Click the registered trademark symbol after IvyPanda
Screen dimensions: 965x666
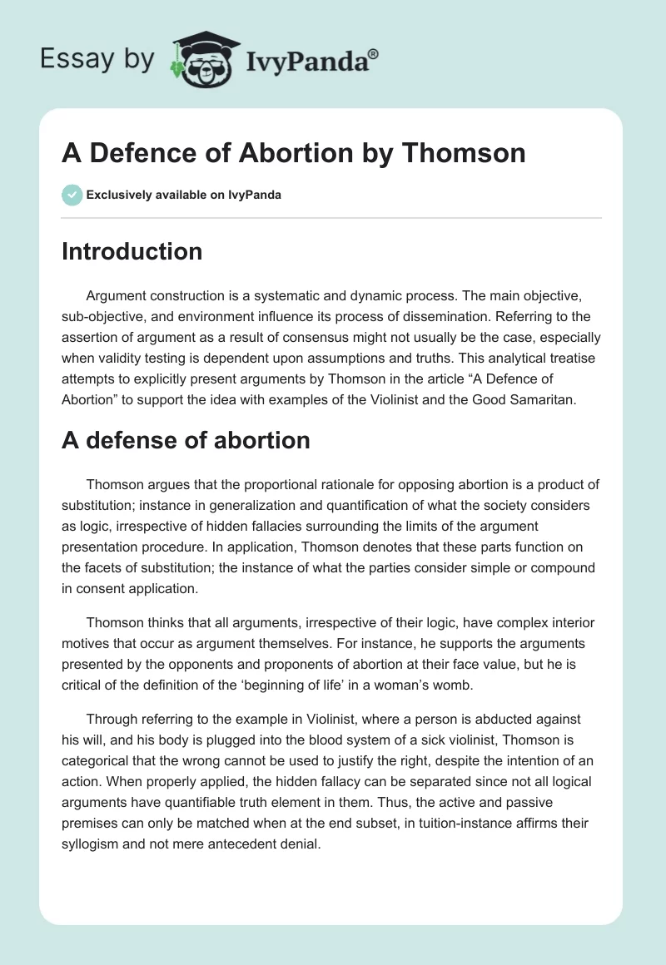[373, 54]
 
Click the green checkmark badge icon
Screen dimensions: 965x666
[72, 195]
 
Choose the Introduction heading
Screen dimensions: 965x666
[132, 251]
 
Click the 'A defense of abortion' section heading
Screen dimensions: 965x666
[186, 440]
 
